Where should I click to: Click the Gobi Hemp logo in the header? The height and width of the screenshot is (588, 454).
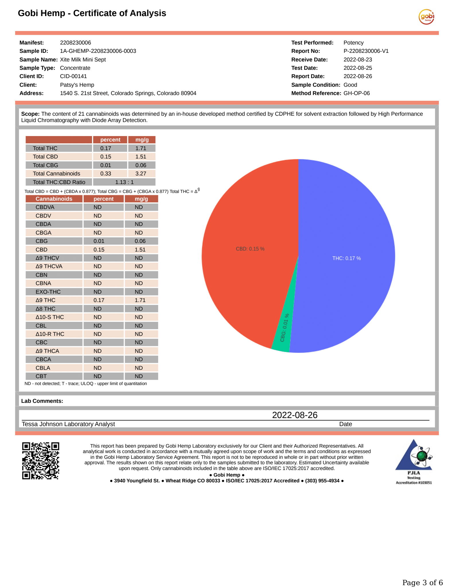pos(426,17)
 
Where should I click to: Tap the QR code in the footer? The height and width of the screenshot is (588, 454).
pos(41,461)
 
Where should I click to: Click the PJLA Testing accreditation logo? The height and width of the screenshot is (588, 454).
pos(414,461)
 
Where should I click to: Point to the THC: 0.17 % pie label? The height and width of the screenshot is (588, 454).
pos(346,258)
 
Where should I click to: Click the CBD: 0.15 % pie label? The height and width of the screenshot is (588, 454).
pos(250,249)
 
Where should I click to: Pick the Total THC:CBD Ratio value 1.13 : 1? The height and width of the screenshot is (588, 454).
pos(124,182)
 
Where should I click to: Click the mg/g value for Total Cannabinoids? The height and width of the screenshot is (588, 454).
pos(141,174)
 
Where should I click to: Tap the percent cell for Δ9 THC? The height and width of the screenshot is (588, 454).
pos(99,300)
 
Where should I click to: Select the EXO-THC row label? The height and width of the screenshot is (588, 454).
pos(48,292)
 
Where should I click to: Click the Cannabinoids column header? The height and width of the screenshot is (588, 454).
pos(54,199)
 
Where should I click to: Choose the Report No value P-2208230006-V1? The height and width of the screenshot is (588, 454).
pos(366,51)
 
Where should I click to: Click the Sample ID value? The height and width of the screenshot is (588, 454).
pos(98,51)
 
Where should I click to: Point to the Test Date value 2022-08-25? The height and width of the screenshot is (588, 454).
pos(358,68)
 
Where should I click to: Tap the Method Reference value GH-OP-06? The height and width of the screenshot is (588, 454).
pos(356,93)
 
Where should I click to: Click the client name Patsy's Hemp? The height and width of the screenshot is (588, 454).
pos(77,85)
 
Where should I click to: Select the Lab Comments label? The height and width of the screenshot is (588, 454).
pos(42,401)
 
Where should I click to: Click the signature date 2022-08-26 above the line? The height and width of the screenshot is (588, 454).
pos(295,415)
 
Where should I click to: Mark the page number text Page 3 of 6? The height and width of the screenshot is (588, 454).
pos(422,582)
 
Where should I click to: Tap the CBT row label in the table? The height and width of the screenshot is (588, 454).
pos(41,376)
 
